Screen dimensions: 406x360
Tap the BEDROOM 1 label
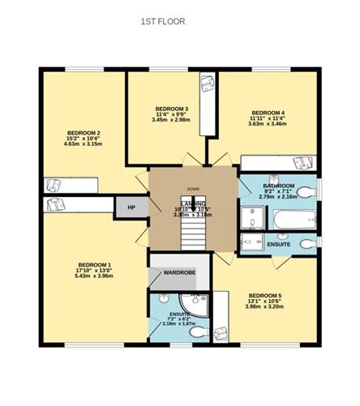pos(94,264)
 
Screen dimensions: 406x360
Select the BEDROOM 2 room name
pos(84,132)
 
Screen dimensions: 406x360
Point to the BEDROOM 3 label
pos(171,109)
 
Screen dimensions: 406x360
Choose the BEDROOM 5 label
pos(265,294)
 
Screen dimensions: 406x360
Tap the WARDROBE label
pos(180,272)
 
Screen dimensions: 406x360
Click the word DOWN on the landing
pos(192,189)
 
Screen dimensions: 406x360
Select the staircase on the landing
pos(192,231)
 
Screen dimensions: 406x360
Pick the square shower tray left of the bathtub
pos(252,218)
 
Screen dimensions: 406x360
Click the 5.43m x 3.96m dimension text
pos(94,276)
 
